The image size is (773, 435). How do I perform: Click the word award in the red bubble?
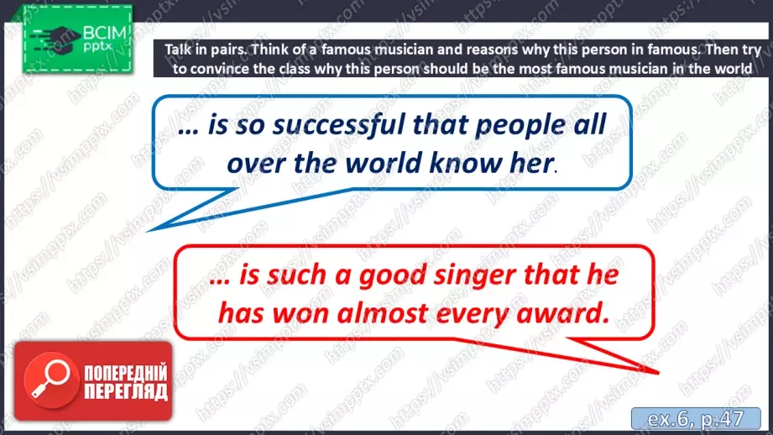coord(562,313)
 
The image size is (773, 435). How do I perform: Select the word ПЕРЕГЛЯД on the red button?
coord(126,392)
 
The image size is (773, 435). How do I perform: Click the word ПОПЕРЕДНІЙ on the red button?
coord(126,373)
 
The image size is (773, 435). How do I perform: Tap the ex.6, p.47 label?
coord(696,419)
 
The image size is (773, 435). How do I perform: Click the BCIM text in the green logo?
coord(105,34)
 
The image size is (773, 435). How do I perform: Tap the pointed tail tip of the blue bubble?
coord(148,231)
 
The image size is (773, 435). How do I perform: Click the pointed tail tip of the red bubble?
coord(658,372)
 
